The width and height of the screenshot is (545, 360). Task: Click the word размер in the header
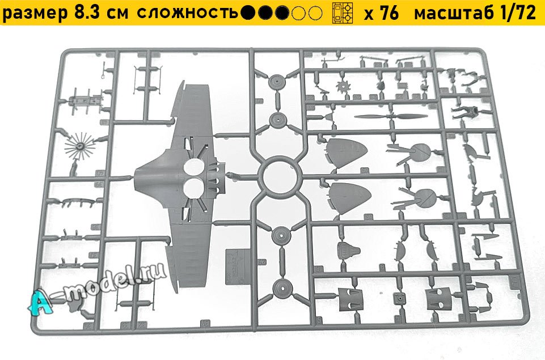pyautogui.click(x=34, y=14)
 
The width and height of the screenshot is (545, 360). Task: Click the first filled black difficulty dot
pyautogui.click(x=246, y=14)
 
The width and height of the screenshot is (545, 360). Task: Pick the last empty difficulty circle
pyautogui.click(x=316, y=14)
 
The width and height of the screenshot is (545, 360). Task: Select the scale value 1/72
pyautogui.click(x=517, y=14)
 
